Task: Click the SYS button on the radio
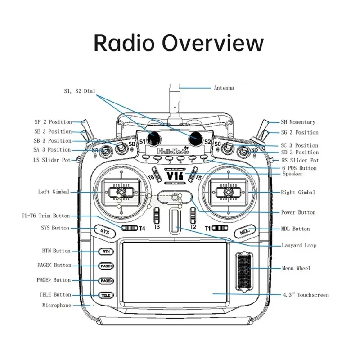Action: tap(104, 232)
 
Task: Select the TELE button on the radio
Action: tap(105, 296)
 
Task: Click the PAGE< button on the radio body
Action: tap(106, 266)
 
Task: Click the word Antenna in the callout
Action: tap(224, 88)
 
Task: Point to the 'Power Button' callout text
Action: tap(298, 212)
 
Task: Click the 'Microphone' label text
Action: tap(57, 306)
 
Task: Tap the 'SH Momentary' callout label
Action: tap(298, 122)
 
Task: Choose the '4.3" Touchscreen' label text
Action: tap(306, 295)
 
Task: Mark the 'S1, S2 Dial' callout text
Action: tap(79, 91)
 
